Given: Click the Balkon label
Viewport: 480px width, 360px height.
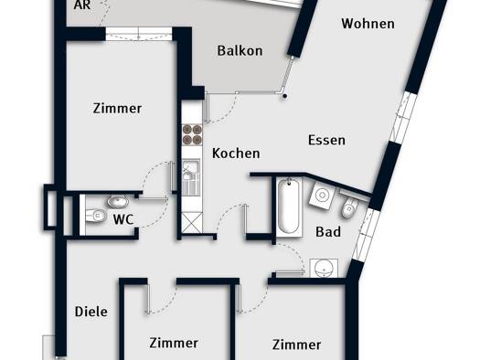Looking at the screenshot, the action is pos(240,51).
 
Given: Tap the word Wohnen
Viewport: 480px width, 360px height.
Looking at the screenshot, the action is pos(368,24).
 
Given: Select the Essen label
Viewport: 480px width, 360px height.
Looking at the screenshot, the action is pos(326,140).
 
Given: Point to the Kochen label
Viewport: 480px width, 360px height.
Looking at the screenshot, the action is pos(236,154).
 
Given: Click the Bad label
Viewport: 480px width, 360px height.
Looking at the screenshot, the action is pos(328,232).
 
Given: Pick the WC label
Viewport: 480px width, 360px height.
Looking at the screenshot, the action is pos(123,219).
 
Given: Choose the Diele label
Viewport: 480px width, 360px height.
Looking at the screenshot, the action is pos(91,312).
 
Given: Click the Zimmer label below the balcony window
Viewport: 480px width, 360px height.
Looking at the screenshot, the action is pos(117,109).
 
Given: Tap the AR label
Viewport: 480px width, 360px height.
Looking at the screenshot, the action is pos(82,5).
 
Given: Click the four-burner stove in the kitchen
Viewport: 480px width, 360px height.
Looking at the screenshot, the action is pos(193,134).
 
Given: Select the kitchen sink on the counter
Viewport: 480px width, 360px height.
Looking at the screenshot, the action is pos(191,177).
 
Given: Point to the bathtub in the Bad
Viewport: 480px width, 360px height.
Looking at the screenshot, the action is pos(289,206).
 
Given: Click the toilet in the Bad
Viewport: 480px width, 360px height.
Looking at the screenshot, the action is pos(350,206).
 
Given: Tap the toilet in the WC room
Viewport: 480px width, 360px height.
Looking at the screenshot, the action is pos(96,216).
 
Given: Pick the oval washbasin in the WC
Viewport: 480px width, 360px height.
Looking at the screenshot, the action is pos(118,202).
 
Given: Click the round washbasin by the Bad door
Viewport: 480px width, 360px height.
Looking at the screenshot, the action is pos(324,269).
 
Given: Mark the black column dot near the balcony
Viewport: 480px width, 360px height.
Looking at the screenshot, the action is pos(285,96).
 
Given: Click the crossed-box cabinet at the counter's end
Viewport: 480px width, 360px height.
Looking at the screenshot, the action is pos(192,223).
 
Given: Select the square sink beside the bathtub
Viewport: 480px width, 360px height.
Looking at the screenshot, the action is pos(322,195).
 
